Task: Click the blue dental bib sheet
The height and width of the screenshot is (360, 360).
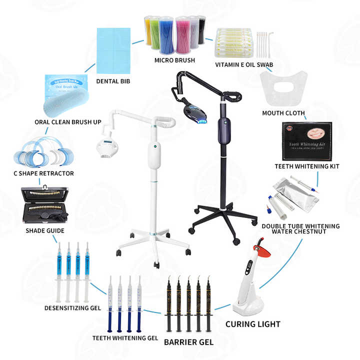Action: click(x=113, y=44)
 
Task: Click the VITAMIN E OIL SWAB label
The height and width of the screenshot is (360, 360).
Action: click(x=244, y=64)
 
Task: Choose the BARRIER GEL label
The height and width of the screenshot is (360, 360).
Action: click(x=188, y=342)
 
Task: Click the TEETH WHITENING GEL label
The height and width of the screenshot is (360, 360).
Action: click(x=125, y=338)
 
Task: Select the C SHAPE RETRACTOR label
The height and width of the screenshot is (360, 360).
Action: click(x=43, y=173)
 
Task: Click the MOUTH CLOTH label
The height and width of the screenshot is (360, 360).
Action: click(x=283, y=113)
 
